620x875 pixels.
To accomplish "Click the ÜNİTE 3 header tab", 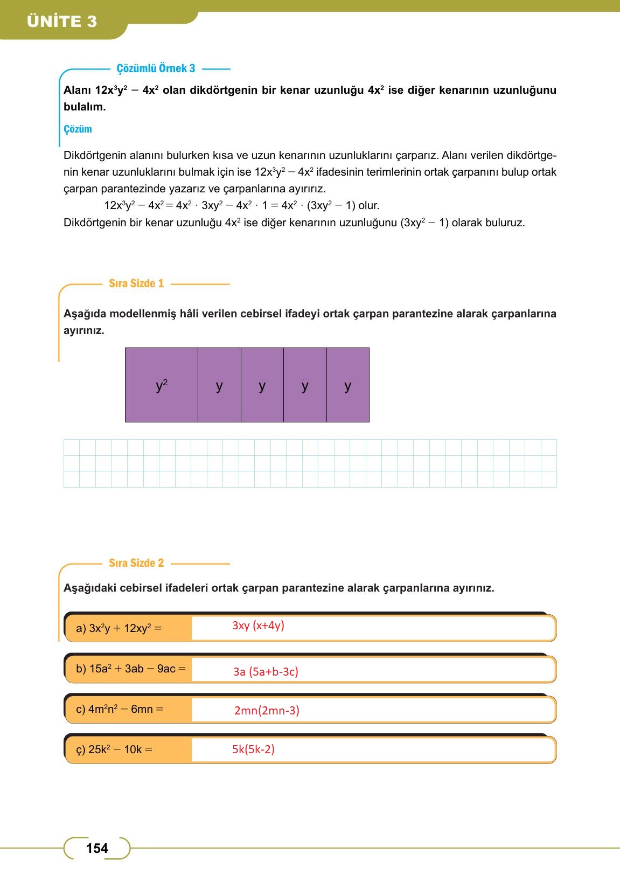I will [62, 22].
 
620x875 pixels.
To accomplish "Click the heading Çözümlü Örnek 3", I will [156, 68].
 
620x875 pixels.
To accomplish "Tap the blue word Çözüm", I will [78, 129].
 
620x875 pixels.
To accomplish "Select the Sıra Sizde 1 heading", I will [136, 283].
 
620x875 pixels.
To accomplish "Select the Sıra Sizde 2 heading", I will [136, 563].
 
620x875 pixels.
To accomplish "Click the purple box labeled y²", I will [162, 385].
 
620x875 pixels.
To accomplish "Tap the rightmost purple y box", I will [348, 385].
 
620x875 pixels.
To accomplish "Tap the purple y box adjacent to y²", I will [219, 385].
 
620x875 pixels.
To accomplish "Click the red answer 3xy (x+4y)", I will [258, 626].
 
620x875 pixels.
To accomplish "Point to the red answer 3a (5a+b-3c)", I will [266, 671].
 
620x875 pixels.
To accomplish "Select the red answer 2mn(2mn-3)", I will [267, 710].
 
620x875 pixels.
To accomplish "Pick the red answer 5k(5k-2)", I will [253, 749].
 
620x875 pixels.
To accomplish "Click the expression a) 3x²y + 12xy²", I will [119, 628].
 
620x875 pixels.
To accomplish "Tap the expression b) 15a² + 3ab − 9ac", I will [130, 669].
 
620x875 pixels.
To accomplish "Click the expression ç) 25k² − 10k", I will [114, 749].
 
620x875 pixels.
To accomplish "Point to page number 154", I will [97, 849].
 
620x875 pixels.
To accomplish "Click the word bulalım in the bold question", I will [84, 107].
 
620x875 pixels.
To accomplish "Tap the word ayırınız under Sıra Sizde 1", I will [83, 330].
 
